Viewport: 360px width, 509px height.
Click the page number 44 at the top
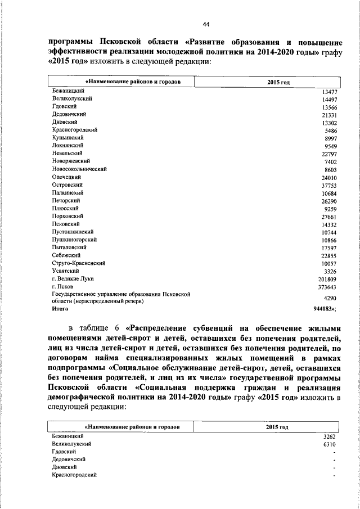point(206,24)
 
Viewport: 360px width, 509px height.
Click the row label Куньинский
point(67,137)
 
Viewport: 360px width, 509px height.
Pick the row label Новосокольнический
point(79,169)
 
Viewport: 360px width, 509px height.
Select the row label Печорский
point(65,200)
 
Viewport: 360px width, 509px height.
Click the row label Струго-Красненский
point(78,263)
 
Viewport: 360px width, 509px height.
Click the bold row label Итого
point(60,309)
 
